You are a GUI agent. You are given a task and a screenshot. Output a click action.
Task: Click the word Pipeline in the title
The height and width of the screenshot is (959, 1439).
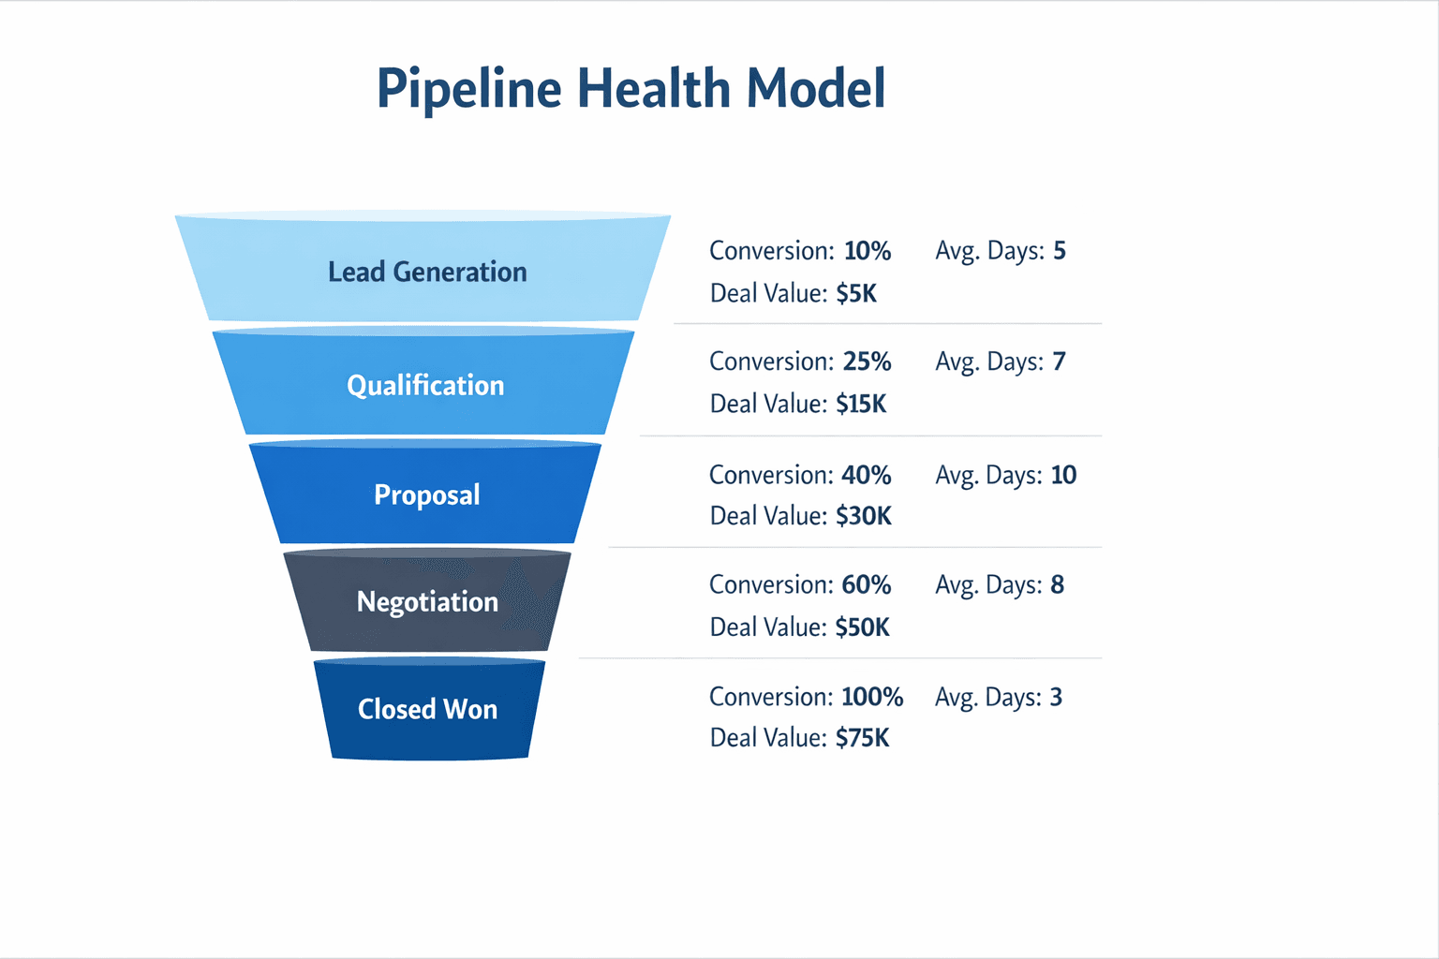click(x=468, y=90)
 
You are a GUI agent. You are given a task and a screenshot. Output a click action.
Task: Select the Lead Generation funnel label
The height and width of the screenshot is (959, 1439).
click(x=427, y=272)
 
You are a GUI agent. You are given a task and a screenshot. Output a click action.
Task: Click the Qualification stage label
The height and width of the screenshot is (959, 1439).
click(x=425, y=385)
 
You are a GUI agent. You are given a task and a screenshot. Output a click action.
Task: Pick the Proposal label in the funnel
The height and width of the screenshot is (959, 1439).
click(x=426, y=494)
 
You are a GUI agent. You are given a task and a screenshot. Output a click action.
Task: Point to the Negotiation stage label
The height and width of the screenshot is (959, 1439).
click(x=427, y=601)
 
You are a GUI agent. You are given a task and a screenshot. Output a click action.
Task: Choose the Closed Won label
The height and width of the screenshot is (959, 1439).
click(x=427, y=709)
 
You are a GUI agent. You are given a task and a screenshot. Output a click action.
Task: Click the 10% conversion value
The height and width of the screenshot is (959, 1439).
click(x=867, y=251)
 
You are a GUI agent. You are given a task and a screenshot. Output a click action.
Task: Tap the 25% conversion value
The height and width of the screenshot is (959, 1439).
click(x=867, y=361)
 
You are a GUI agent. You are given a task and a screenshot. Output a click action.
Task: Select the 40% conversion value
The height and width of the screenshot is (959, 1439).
click(x=866, y=475)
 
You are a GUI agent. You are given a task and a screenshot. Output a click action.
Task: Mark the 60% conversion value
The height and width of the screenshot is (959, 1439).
click(x=866, y=584)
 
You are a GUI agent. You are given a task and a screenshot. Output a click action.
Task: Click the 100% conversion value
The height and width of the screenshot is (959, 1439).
click(x=871, y=697)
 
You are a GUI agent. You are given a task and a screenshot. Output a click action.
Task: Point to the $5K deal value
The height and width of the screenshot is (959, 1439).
click(x=856, y=294)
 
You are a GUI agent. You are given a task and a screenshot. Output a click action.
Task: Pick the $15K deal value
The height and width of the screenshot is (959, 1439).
click(x=861, y=405)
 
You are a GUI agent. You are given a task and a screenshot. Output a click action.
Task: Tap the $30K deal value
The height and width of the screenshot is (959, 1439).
click(x=863, y=516)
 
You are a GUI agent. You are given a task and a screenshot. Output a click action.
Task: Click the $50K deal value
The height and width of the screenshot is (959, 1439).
click(x=862, y=627)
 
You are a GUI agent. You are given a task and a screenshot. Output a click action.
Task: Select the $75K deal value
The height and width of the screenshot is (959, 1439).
click(x=862, y=738)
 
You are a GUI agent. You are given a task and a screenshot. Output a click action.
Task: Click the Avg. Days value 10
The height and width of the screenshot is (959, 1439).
click(x=1063, y=475)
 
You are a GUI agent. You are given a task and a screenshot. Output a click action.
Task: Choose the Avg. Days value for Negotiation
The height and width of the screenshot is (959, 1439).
click(x=1057, y=584)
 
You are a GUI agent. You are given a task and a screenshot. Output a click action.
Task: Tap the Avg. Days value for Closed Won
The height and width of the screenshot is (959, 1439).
click(x=1056, y=697)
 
